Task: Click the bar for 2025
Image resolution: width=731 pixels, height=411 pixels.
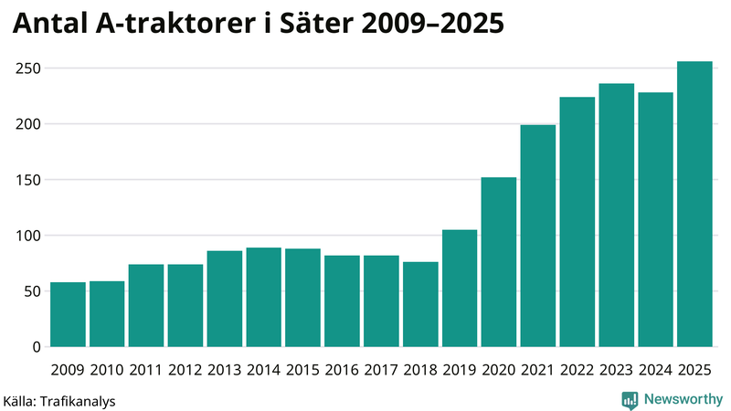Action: coord(694,205)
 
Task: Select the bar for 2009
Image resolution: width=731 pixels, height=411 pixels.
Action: coord(69,315)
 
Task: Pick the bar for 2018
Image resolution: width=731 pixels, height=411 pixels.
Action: coord(420,304)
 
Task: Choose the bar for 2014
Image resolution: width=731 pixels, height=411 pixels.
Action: coord(264,298)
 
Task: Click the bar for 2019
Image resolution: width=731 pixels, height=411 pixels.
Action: coord(460,289)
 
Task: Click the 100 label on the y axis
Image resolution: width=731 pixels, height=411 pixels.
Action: coord(28,236)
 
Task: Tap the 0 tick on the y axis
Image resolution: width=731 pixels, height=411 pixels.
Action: coord(37,347)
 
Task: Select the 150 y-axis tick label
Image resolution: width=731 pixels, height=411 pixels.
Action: coord(28,180)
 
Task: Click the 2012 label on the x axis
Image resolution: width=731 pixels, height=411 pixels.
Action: coord(185,370)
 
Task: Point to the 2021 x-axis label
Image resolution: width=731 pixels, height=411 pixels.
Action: coord(538,370)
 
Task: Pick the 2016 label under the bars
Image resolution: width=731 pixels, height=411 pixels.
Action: coord(342,370)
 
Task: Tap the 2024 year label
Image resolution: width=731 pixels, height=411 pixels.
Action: coord(655,370)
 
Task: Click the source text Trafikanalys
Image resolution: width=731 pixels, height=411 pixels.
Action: coord(79,400)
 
